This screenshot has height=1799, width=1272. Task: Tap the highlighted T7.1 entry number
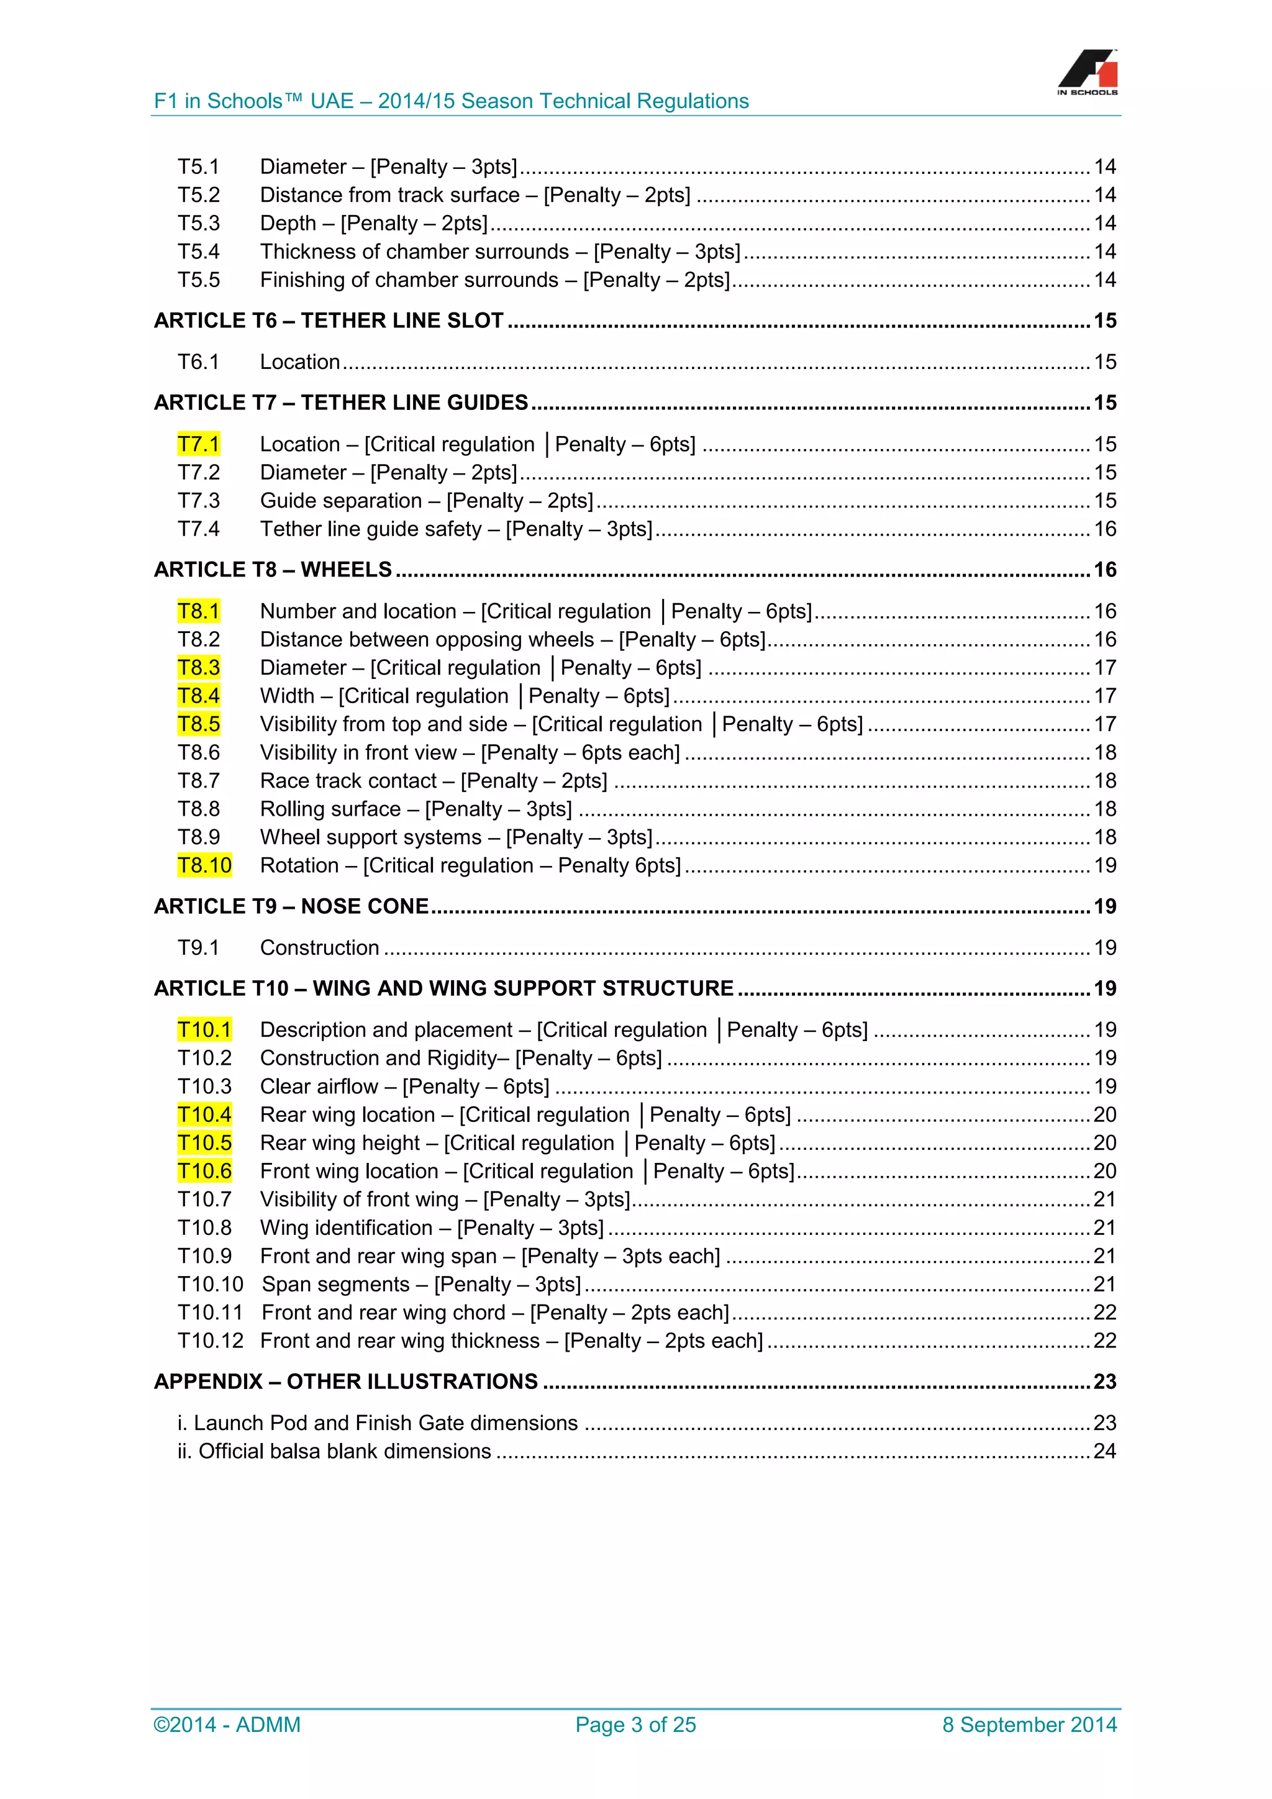pyautogui.click(x=198, y=444)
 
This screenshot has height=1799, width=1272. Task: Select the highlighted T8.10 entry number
pyautogui.click(x=204, y=865)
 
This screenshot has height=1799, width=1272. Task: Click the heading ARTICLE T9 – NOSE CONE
pyautogui.click(x=291, y=906)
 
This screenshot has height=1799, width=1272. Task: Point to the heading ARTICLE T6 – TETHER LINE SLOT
pyautogui.click(x=329, y=321)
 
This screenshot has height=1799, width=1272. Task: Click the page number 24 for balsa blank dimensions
pyautogui.click(x=1104, y=1451)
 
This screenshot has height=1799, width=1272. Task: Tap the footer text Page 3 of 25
pyautogui.click(x=635, y=1724)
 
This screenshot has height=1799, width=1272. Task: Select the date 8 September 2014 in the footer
pyautogui.click(x=1029, y=1724)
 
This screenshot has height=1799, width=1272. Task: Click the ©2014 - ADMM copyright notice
pyautogui.click(x=227, y=1724)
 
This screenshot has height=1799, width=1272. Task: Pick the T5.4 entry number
pyautogui.click(x=198, y=252)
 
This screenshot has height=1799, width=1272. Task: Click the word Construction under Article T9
pyautogui.click(x=320, y=948)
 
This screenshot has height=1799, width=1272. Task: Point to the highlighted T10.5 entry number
pyautogui.click(x=204, y=1143)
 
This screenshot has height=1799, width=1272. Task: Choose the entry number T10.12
pyautogui.click(x=210, y=1341)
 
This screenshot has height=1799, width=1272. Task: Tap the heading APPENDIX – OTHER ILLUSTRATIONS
pyautogui.click(x=346, y=1382)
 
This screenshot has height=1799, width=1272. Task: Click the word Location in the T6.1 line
pyautogui.click(x=300, y=362)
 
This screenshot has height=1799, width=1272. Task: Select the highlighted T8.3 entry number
pyautogui.click(x=198, y=668)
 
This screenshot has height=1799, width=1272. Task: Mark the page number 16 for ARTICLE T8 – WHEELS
pyautogui.click(x=1104, y=570)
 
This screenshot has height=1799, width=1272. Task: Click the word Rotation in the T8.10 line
pyautogui.click(x=299, y=866)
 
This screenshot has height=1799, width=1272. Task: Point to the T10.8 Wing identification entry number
pyautogui.click(x=204, y=1227)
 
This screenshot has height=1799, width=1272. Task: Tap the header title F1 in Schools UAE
pyautogui.click(x=451, y=101)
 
